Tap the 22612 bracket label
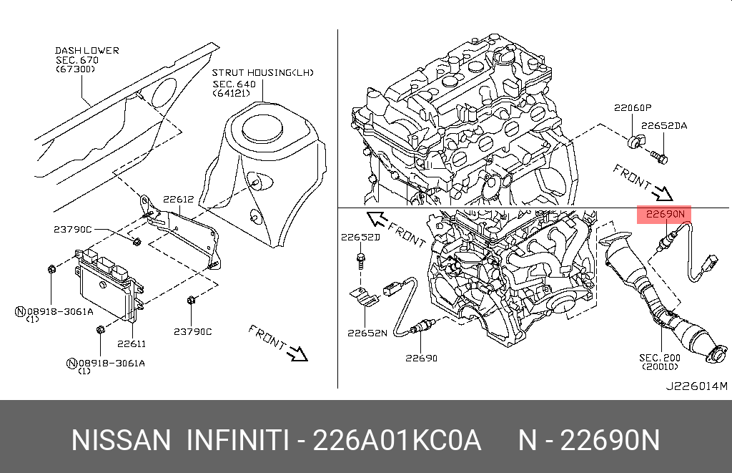(x=178, y=200)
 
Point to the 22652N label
(x=367, y=332)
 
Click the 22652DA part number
(x=663, y=125)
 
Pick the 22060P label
(x=633, y=108)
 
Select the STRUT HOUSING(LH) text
(x=262, y=73)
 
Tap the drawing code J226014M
(x=696, y=386)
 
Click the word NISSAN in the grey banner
(x=121, y=440)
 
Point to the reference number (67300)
(x=76, y=69)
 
